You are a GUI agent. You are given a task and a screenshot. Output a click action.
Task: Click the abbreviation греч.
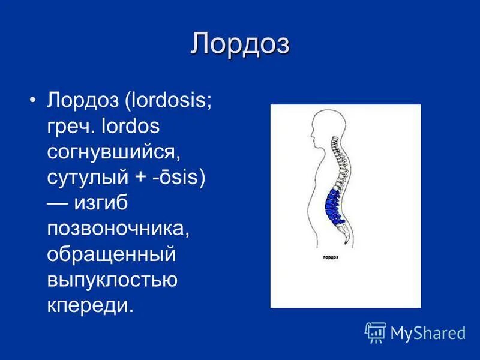pyautogui.click(x=71, y=127)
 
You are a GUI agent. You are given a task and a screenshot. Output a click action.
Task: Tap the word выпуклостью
pyautogui.click(x=112, y=281)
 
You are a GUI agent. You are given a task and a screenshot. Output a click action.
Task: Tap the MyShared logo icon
pyautogui.click(x=375, y=332)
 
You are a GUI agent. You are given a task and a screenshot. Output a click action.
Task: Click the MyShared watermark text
pyautogui.click(x=428, y=332)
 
